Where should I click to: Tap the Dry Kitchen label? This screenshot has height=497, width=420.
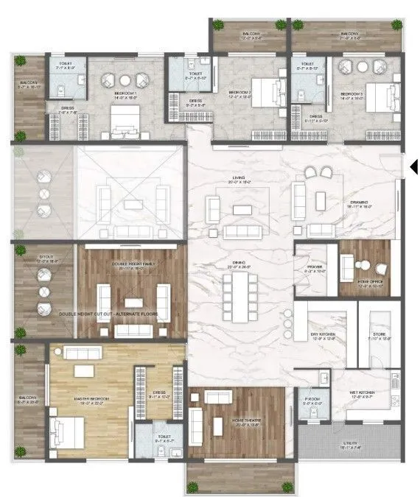(324, 337)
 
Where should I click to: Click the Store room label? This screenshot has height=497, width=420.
(379, 337)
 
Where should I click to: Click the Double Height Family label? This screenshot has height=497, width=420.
(133, 268)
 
